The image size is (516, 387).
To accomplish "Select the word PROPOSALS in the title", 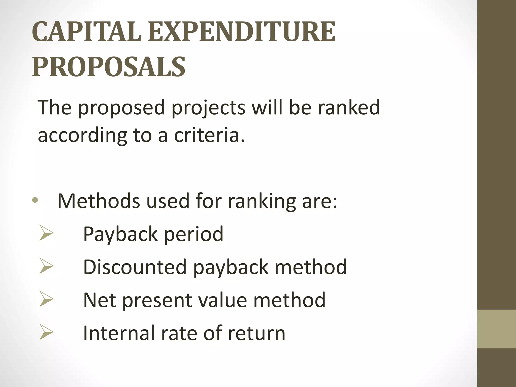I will point(109,67).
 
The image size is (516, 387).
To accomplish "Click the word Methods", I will point(99,201).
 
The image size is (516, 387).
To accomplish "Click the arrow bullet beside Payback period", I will point(46,234).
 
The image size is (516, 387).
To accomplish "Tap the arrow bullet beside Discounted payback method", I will point(46,267).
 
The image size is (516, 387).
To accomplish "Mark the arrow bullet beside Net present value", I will point(46,300).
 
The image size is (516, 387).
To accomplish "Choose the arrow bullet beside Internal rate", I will point(46,333).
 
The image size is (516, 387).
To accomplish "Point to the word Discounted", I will point(135,267).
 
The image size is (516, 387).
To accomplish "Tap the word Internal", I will point(119,333).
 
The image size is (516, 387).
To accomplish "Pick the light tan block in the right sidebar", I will point(497,329).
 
